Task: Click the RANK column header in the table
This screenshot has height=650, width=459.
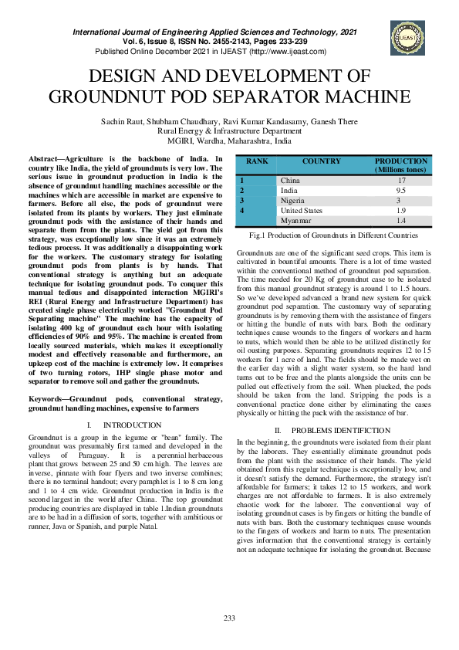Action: coord(257,162)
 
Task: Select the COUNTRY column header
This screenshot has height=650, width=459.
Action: coord(322,162)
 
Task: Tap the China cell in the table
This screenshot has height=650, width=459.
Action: coord(289,180)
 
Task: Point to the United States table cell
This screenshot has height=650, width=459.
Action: coord(302,210)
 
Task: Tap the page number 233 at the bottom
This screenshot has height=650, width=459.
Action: coord(229,618)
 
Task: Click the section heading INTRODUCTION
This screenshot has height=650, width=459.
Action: coord(132,425)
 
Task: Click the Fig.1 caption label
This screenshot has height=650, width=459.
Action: coord(258,234)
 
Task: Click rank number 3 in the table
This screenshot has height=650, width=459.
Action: coord(241,200)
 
